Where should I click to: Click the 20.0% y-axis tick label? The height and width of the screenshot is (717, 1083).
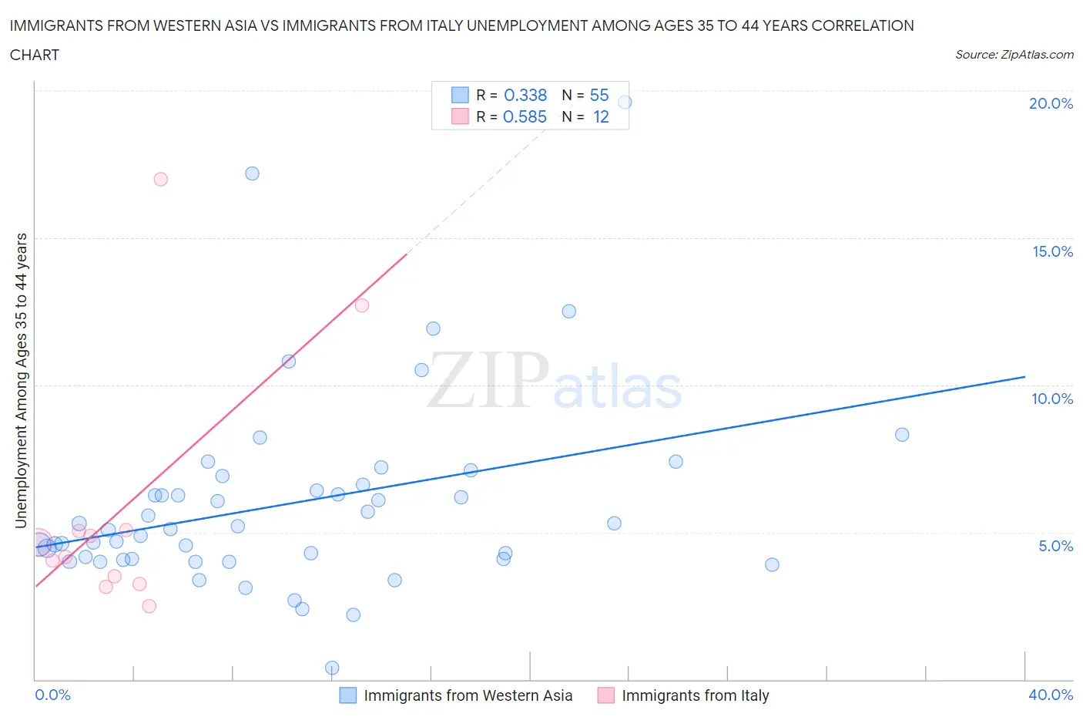click(1051, 103)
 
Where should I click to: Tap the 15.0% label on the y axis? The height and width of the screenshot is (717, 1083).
click(1052, 251)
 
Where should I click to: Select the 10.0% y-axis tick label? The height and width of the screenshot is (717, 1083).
click(1052, 399)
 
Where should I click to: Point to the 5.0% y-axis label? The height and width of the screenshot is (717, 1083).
click(1055, 546)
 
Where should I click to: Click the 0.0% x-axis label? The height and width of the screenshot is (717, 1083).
click(52, 695)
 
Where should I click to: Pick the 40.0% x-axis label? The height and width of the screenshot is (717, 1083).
click(1051, 695)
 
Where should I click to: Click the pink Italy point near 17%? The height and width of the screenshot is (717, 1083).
click(160, 179)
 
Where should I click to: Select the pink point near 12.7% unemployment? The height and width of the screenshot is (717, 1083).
click(361, 305)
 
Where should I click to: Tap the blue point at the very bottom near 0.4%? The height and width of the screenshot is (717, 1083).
click(332, 668)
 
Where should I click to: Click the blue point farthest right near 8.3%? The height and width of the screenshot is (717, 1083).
click(902, 435)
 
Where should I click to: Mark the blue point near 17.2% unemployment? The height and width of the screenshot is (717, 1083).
click(252, 173)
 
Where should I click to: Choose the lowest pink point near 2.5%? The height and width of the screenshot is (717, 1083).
click(149, 606)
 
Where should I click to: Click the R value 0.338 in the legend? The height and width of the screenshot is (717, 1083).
click(525, 95)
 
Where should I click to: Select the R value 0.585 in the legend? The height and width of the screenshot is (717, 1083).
click(525, 116)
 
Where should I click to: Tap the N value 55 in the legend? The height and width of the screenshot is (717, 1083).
click(599, 95)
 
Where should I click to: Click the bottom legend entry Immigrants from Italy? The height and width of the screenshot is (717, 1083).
click(695, 695)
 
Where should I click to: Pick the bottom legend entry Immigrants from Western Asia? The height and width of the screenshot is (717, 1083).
click(468, 695)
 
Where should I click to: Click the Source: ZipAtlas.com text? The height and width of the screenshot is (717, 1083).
click(1014, 55)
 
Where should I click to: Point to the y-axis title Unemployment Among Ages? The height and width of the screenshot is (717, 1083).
click(22, 380)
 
